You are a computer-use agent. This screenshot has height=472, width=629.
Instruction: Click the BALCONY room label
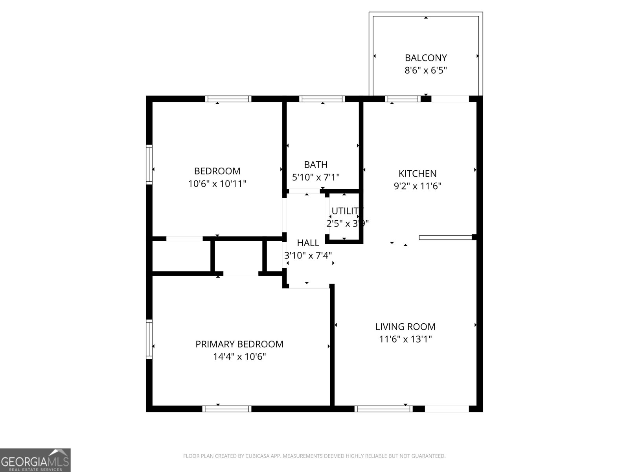pos(426,58)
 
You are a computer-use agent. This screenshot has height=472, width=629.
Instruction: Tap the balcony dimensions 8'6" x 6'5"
pos(426,71)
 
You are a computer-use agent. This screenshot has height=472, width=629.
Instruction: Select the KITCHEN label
pos(417,173)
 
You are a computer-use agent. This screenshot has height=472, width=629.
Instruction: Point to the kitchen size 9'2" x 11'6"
pos(417,186)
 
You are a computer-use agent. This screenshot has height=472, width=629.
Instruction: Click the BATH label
pos(316,164)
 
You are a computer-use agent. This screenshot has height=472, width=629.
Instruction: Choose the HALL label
pos(308,243)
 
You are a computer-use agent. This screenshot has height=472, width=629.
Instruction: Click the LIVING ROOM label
pos(405,326)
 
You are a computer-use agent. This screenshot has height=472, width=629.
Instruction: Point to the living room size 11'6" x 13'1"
pos(405,339)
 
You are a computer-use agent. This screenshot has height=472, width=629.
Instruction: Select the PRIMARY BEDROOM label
pos(239,344)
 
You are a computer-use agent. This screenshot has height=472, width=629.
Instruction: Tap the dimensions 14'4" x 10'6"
pos(239,357)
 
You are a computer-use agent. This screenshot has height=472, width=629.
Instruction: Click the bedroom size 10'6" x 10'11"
pos(217,184)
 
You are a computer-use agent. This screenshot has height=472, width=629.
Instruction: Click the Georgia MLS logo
pos(35,460)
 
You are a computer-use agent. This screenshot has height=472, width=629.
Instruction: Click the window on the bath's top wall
pos(322,99)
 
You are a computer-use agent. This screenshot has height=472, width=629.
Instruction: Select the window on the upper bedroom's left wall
pos(149,164)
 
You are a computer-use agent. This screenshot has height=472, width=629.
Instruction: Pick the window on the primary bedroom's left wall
pos(149,339)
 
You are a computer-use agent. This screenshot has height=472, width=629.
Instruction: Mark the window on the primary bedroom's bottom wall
pos(227,409)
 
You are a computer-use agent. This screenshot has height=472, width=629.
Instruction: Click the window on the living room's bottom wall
pos(383,409)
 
